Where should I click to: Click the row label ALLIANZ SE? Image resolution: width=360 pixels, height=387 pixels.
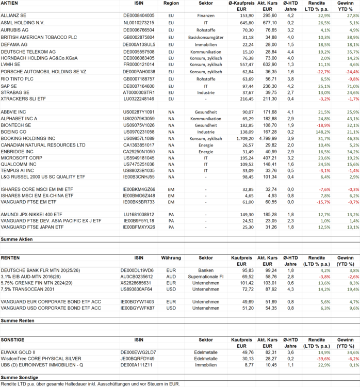click(x=14, y=16)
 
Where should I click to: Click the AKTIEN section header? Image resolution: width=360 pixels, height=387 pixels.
click(x=11, y=3)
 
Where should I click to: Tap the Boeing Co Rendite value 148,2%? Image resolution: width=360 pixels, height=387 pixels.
click(x=323, y=132)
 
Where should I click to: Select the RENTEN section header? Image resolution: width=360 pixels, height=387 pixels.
click(x=11, y=257)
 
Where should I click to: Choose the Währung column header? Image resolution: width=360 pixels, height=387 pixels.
click(x=171, y=257)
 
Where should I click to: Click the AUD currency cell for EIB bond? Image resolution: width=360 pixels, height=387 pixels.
click(x=171, y=277)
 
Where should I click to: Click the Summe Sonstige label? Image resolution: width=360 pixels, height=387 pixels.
click(x=19, y=378)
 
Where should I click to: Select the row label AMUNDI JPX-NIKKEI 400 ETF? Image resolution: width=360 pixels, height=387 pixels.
click(x=32, y=214)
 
